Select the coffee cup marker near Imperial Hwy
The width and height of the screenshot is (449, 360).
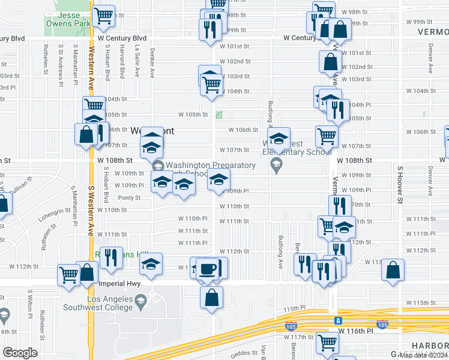[x=209, y=269]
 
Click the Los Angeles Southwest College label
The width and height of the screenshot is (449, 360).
[x=110, y=303]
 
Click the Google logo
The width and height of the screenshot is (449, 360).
[x=20, y=353]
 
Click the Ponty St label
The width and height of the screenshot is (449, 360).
[x=129, y=197]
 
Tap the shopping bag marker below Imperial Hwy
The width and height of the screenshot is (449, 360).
[x=212, y=297]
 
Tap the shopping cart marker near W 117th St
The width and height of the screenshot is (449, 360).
[x=328, y=343]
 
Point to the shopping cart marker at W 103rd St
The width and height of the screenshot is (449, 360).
[x=211, y=85]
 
